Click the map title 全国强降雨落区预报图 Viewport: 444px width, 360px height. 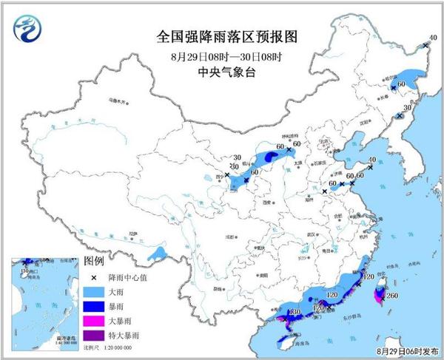[221, 35]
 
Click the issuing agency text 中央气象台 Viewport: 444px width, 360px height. [221, 72]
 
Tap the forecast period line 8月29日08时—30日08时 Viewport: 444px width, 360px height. [221, 55]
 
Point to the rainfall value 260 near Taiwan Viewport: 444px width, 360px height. [391, 296]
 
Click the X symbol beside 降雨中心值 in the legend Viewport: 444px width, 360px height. [95, 278]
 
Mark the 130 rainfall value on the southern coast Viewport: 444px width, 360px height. [293, 313]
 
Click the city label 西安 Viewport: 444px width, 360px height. [264, 202]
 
